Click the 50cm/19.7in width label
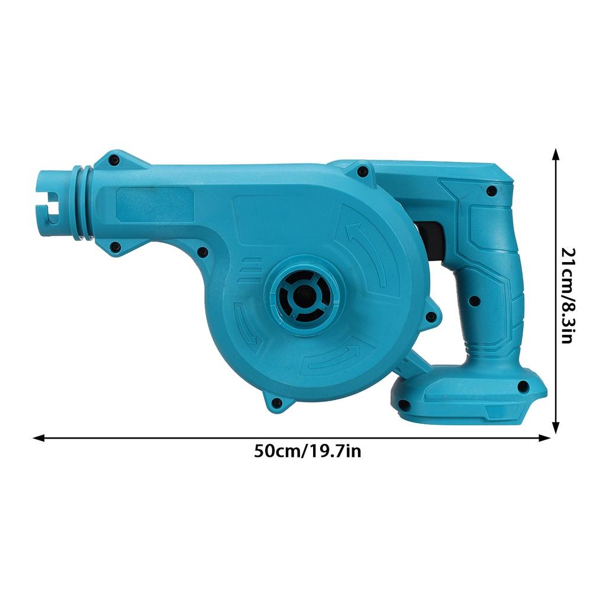tap(307, 452)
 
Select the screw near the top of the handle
tap(491, 191)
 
